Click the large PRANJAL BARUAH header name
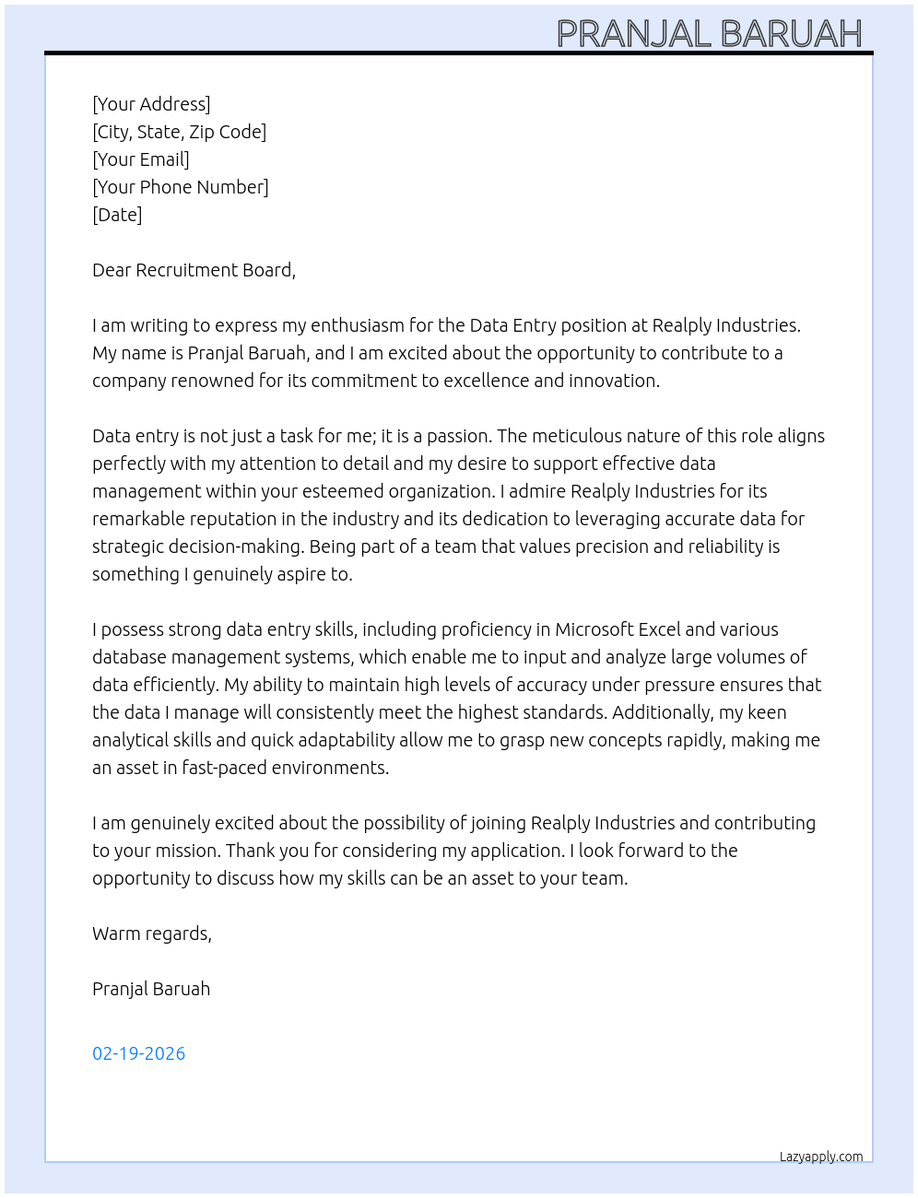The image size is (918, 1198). [709, 34]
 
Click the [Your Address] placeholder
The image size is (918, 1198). [151, 104]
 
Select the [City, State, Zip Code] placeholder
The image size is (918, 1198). [179, 132]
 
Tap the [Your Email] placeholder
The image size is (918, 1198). [141, 159]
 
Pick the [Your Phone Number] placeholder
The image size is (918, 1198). [181, 187]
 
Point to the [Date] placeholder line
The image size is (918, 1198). [117, 215]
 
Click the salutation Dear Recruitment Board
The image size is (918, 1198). [194, 270]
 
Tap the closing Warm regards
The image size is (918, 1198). [152, 934]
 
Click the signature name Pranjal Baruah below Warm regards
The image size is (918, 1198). [151, 989]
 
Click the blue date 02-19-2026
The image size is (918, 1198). [138, 1053]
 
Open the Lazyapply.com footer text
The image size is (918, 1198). [820, 1157]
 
